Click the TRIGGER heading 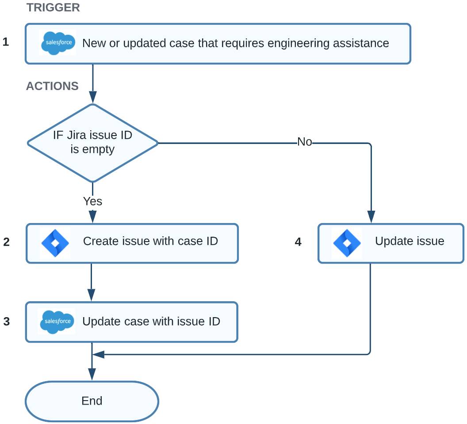53,8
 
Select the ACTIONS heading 52,86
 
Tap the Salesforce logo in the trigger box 58,43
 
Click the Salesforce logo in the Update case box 57,322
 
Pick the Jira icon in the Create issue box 55,243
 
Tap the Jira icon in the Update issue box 347,243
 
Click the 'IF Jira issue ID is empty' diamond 92,143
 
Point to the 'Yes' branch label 92,201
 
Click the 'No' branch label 305,142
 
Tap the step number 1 6,42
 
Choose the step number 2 6,242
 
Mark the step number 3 6,322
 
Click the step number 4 298,242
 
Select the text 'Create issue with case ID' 150,241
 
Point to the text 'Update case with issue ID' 151,322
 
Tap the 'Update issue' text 410,241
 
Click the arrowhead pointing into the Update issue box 371,217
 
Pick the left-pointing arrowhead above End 98,354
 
